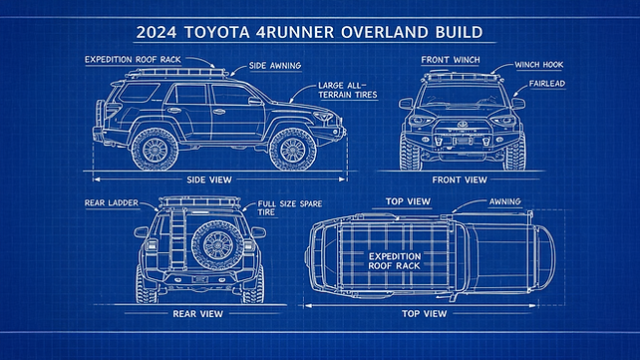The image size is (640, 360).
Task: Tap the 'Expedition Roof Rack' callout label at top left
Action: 132,60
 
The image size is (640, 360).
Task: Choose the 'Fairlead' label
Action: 547,84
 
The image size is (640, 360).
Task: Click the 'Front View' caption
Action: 460,180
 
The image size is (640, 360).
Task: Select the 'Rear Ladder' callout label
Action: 112,202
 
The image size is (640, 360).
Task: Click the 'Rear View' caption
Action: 197,313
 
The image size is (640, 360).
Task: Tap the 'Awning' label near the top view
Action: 503,201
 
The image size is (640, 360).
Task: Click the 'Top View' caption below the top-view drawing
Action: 424,313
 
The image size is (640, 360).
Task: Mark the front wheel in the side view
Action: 293,148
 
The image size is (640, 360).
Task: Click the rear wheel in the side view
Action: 157,148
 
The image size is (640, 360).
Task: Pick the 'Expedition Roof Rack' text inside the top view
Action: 395,262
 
